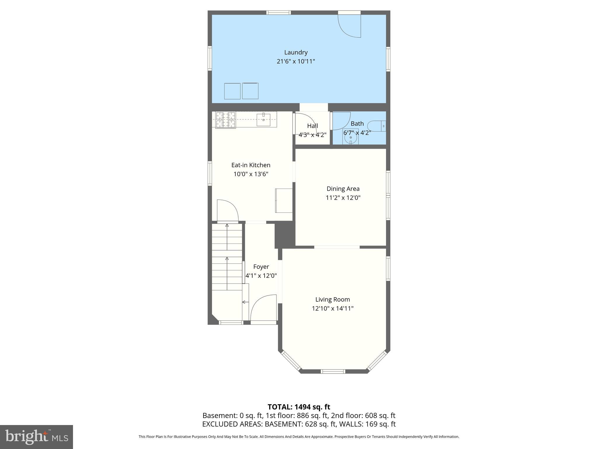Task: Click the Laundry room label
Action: coord(296,52)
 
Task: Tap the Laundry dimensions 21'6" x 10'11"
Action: coord(296,61)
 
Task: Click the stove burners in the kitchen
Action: coord(225,120)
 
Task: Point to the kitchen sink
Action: coord(263,120)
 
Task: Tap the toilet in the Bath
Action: coord(377,126)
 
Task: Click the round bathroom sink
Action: coord(351,137)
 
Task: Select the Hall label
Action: coord(312,126)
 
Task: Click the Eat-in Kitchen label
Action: coord(251,165)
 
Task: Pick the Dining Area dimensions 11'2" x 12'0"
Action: coord(343,198)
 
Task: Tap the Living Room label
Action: coord(332,299)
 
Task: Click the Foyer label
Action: coord(261,267)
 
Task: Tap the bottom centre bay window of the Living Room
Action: coord(333,371)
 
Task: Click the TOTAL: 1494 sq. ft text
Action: coord(299,407)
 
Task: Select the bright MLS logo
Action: coord(36,437)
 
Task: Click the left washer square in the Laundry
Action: coord(232,91)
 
